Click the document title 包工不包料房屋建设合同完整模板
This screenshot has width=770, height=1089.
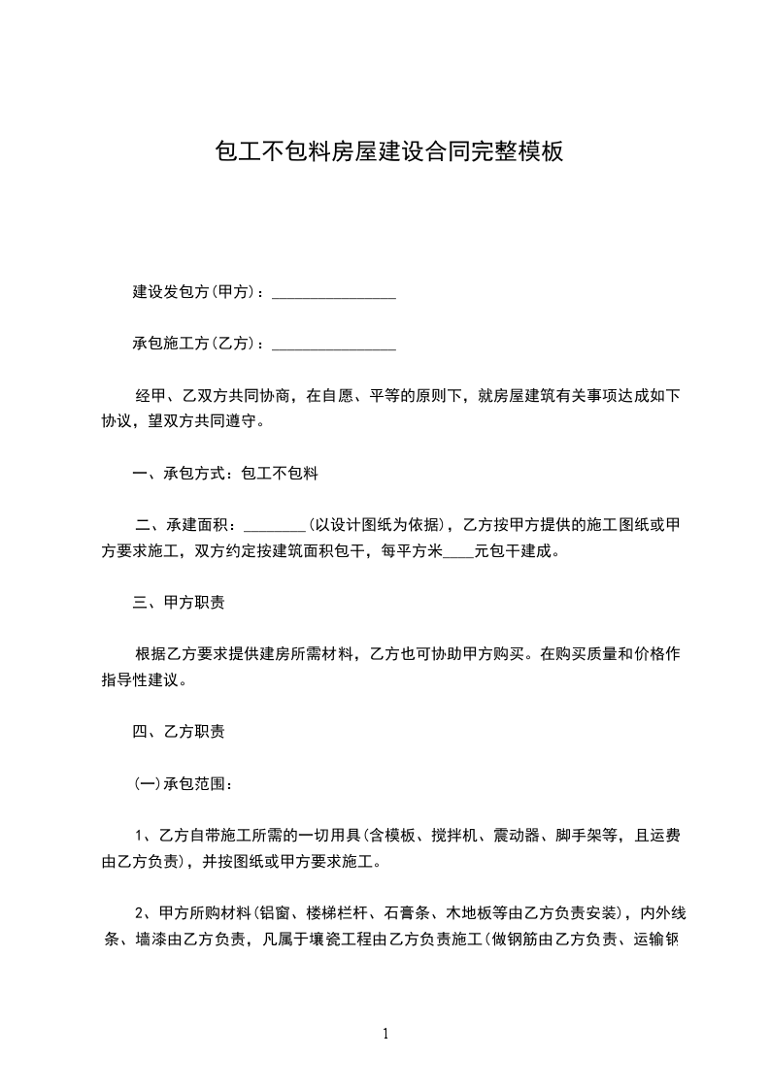click(x=387, y=152)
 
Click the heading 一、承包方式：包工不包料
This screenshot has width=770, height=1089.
click(x=225, y=475)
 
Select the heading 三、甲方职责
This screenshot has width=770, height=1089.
click(x=179, y=603)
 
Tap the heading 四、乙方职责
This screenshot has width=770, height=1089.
click(x=179, y=731)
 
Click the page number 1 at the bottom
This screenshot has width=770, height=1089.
click(x=385, y=1034)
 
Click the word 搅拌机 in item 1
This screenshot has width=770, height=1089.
click(x=456, y=834)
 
